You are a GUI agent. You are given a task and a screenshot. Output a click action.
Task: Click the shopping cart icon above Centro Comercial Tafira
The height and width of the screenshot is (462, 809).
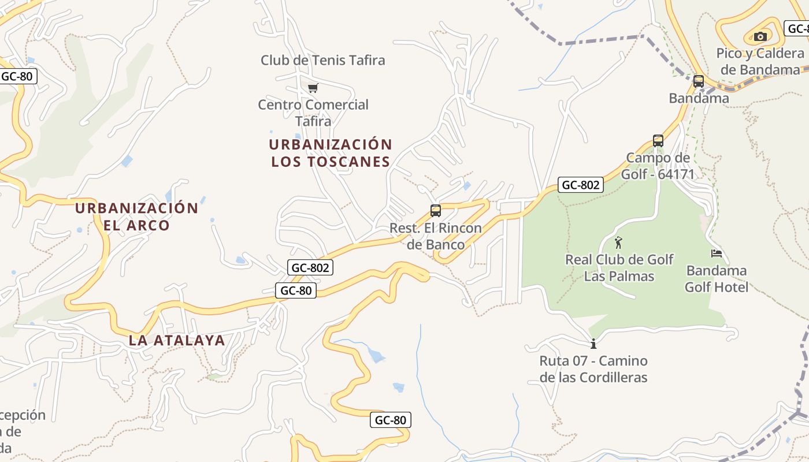tap(313, 88)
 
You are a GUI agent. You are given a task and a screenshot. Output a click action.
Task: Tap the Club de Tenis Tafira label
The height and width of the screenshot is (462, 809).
tap(322, 60)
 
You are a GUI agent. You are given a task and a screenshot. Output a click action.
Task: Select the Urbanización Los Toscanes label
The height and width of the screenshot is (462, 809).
tap(331, 153)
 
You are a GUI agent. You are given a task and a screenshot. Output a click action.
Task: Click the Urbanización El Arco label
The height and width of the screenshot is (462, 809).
tap(137, 217)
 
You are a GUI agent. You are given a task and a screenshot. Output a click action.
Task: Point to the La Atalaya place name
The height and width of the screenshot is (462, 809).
tap(177, 340)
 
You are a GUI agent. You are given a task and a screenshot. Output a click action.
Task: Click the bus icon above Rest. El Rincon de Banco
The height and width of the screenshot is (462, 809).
tap(436, 211)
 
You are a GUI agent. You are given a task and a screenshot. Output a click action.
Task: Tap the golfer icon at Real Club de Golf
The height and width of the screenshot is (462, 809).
tap(618, 243)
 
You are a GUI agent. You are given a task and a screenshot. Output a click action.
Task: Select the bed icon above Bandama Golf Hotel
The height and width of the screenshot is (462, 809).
tap(717, 253)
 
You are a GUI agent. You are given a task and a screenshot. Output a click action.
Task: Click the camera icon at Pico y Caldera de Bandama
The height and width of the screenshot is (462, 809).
tap(760, 37)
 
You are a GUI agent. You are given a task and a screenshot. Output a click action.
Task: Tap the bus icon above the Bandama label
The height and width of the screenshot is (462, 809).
tap(699, 81)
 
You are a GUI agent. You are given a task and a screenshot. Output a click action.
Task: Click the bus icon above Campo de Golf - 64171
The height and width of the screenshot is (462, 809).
tap(658, 140)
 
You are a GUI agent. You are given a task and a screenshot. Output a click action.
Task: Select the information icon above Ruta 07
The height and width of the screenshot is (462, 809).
tap(593, 344)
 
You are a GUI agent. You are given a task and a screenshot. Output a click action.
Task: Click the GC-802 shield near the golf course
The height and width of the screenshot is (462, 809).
tap(581, 185)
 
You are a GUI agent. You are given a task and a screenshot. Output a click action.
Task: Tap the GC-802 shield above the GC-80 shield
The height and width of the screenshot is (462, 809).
tap(310, 267)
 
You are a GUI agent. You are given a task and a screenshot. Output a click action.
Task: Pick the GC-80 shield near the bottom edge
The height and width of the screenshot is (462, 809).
tap(391, 420)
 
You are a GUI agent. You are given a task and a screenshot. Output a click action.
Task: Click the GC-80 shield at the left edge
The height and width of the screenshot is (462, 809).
tap(17, 76)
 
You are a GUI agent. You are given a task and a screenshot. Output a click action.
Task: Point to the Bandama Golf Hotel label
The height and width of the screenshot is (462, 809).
tap(717, 278)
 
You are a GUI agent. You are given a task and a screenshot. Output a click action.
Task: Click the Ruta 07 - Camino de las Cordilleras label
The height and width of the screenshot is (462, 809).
tap(593, 369)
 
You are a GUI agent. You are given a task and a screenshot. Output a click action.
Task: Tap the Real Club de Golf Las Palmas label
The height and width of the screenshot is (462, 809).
tap(619, 267)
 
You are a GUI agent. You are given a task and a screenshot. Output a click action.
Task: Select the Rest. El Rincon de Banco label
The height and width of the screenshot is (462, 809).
tap(436, 236)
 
